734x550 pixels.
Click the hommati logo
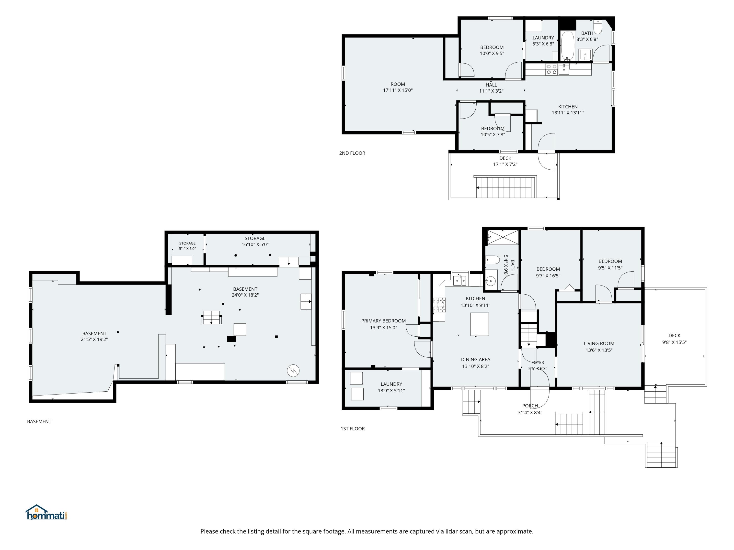click(47, 513)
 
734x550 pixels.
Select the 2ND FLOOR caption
click(352, 153)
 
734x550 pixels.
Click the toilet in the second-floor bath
click(598, 27)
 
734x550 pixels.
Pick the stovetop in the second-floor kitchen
click(551, 70)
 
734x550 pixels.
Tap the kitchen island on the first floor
click(480, 324)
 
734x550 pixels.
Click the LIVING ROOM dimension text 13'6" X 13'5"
click(599, 350)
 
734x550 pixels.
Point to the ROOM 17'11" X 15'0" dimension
click(398, 90)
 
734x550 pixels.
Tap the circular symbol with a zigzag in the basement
click(293, 371)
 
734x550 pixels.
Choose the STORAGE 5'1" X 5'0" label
click(187, 246)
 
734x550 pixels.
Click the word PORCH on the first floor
click(530, 406)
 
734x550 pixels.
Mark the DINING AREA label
click(475, 360)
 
